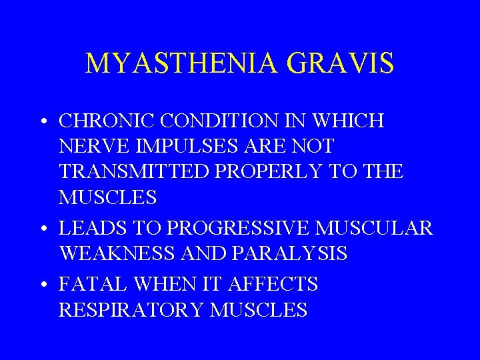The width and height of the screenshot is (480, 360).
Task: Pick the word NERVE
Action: [x=87, y=146]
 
